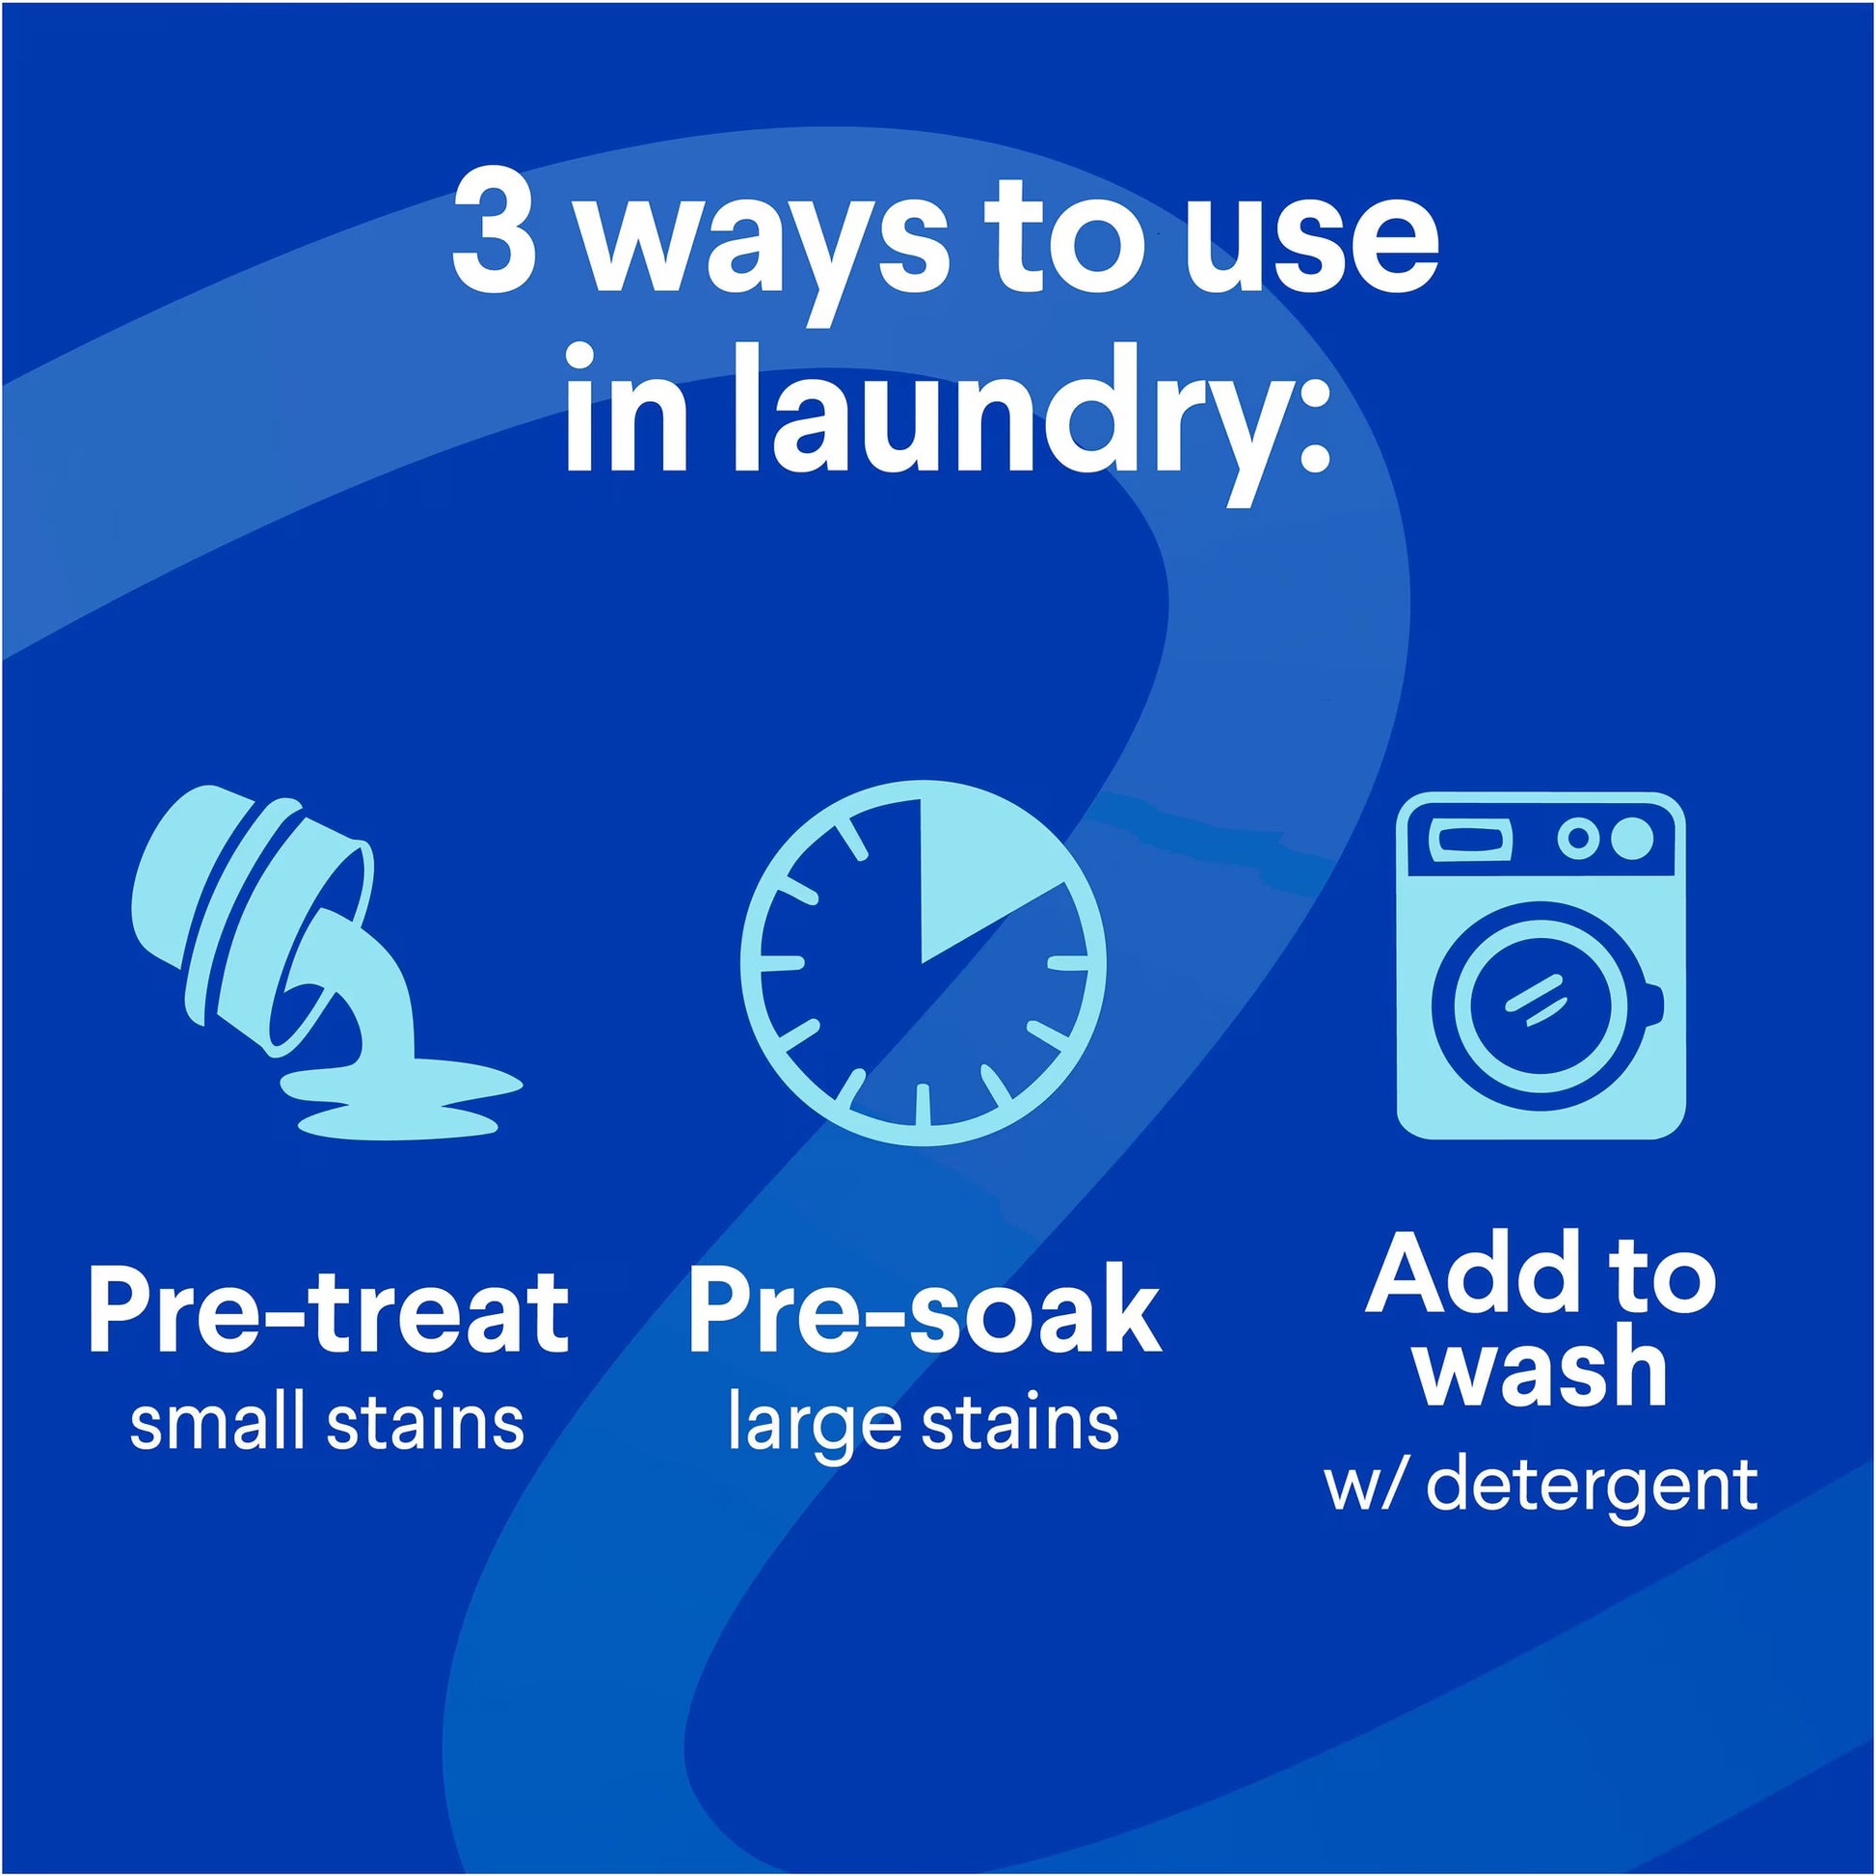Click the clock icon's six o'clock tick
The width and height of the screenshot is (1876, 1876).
(923, 1105)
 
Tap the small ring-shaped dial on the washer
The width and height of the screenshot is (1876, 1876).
(1579, 838)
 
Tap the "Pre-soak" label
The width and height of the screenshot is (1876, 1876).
(924, 1312)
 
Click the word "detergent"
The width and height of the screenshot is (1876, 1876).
(1592, 1485)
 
